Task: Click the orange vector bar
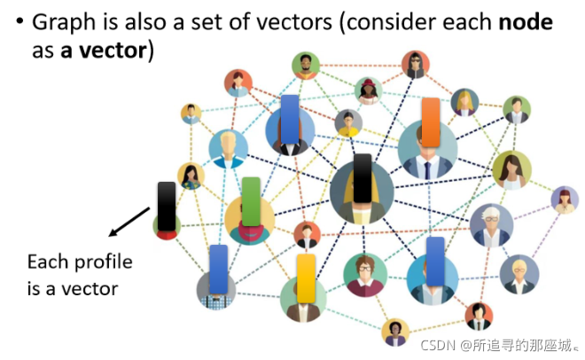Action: tap(431, 122)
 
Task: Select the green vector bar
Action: tap(251, 201)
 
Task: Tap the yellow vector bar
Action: tap(306, 278)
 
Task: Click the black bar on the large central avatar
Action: tap(363, 178)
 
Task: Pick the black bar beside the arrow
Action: tap(167, 207)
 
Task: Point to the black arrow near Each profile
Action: tap(129, 222)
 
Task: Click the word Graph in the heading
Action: tap(64, 22)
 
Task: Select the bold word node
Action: tap(526, 22)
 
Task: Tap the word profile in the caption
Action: tap(104, 262)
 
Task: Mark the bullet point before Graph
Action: tap(19, 21)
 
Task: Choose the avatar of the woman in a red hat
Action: tap(368, 90)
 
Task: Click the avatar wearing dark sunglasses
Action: tap(416, 65)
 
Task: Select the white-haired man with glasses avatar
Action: tap(491, 225)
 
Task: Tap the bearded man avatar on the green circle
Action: tap(306, 66)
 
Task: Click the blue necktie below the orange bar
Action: tap(427, 170)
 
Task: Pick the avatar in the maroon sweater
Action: tap(365, 275)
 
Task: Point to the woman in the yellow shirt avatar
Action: tap(348, 123)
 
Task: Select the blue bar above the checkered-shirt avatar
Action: tap(219, 270)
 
